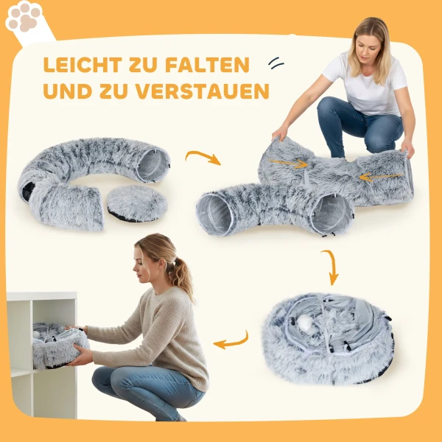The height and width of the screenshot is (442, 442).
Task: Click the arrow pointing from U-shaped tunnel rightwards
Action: (203, 157)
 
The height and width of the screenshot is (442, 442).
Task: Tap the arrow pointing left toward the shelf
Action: (231, 340)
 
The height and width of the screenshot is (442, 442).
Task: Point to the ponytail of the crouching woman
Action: (180, 276)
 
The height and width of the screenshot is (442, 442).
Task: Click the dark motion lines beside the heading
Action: (276, 63)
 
